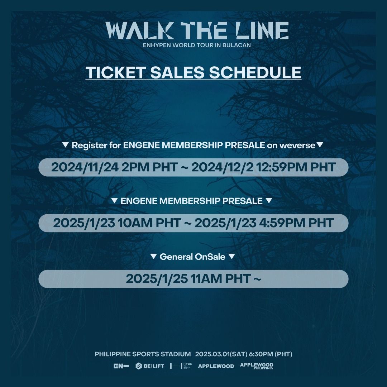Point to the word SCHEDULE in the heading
click(255, 72)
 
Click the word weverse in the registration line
click(298, 145)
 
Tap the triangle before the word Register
click(65, 145)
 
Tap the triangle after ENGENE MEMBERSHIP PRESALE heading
click(269, 201)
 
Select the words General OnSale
click(193, 257)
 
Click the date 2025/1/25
click(157, 279)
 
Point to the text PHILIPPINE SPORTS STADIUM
click(143, 354)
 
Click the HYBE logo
click(181, 366)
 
